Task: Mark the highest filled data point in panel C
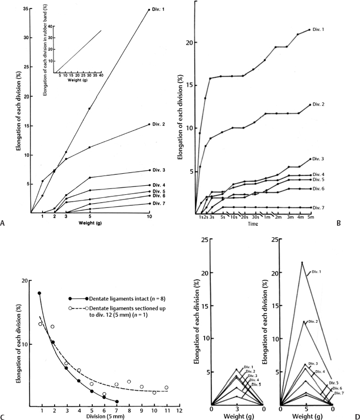pyautogui.click(x=39, y=293)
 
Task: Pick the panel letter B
pyautogui.click(x=339, y=223)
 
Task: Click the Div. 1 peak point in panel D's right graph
pyautogui.click(x=302, y=262)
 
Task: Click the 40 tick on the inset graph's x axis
pyautogui.click(x=101, y=75)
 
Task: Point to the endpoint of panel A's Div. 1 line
pyautogui.click(x=150, y=9)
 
